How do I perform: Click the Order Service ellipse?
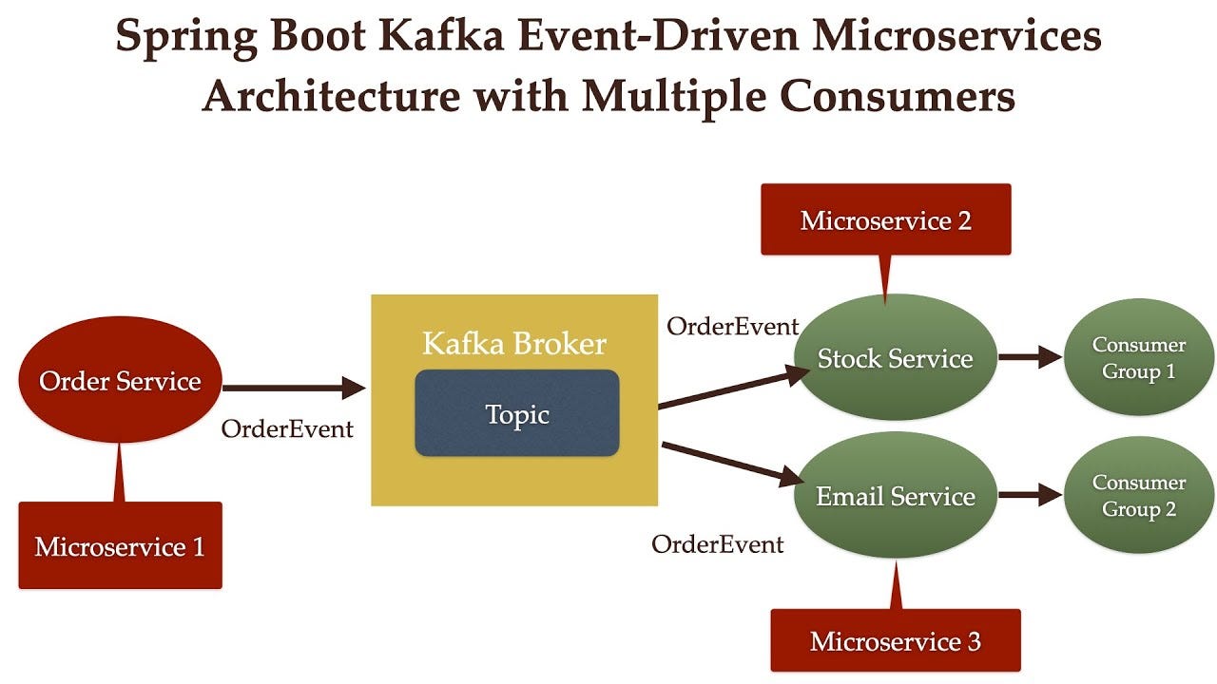click(120, 381)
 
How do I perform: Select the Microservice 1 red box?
click(120, 546)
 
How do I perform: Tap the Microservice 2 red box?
click(885, 220)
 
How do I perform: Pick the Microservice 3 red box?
click(895, 641)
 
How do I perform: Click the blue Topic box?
click(517, 414)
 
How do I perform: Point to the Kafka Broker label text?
click(514, 343)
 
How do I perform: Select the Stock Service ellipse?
click(895, 358)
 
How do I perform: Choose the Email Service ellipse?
click(895, 496)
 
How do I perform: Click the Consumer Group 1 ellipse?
click(1138, 358)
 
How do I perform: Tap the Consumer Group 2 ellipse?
click(1138, 496)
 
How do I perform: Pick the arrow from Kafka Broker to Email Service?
click(732, 465)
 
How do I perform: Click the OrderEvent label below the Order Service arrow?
click(287, 429)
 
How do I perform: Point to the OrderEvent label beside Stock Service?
click(732, 327)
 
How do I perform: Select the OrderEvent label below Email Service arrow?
click(717, 544)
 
